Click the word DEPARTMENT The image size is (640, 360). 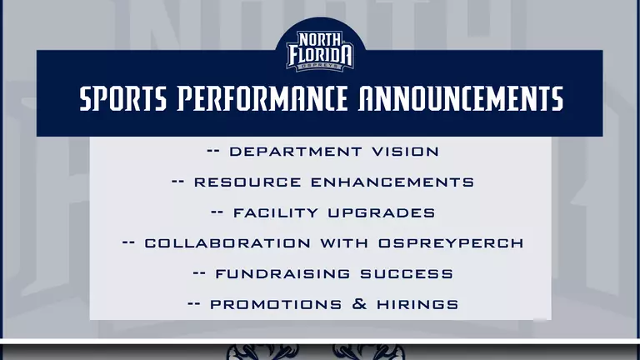(291, 152)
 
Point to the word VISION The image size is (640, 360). (402, 152)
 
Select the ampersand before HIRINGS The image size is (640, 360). (360, 304)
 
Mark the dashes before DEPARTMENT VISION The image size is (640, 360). (213, 152)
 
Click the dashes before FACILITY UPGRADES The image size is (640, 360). (218, 212)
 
